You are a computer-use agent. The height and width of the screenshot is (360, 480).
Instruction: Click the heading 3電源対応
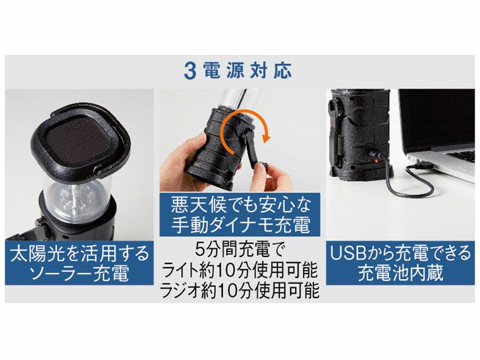[x=238, y=70]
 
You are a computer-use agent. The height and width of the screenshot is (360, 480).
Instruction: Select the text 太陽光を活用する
[x=79, y=254]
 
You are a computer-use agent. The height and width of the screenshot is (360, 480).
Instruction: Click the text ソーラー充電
[x=79, y=275]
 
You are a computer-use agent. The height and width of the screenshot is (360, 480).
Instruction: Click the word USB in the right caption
[x=346, y=254]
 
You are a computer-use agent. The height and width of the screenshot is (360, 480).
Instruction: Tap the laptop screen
[x=436, y=117]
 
